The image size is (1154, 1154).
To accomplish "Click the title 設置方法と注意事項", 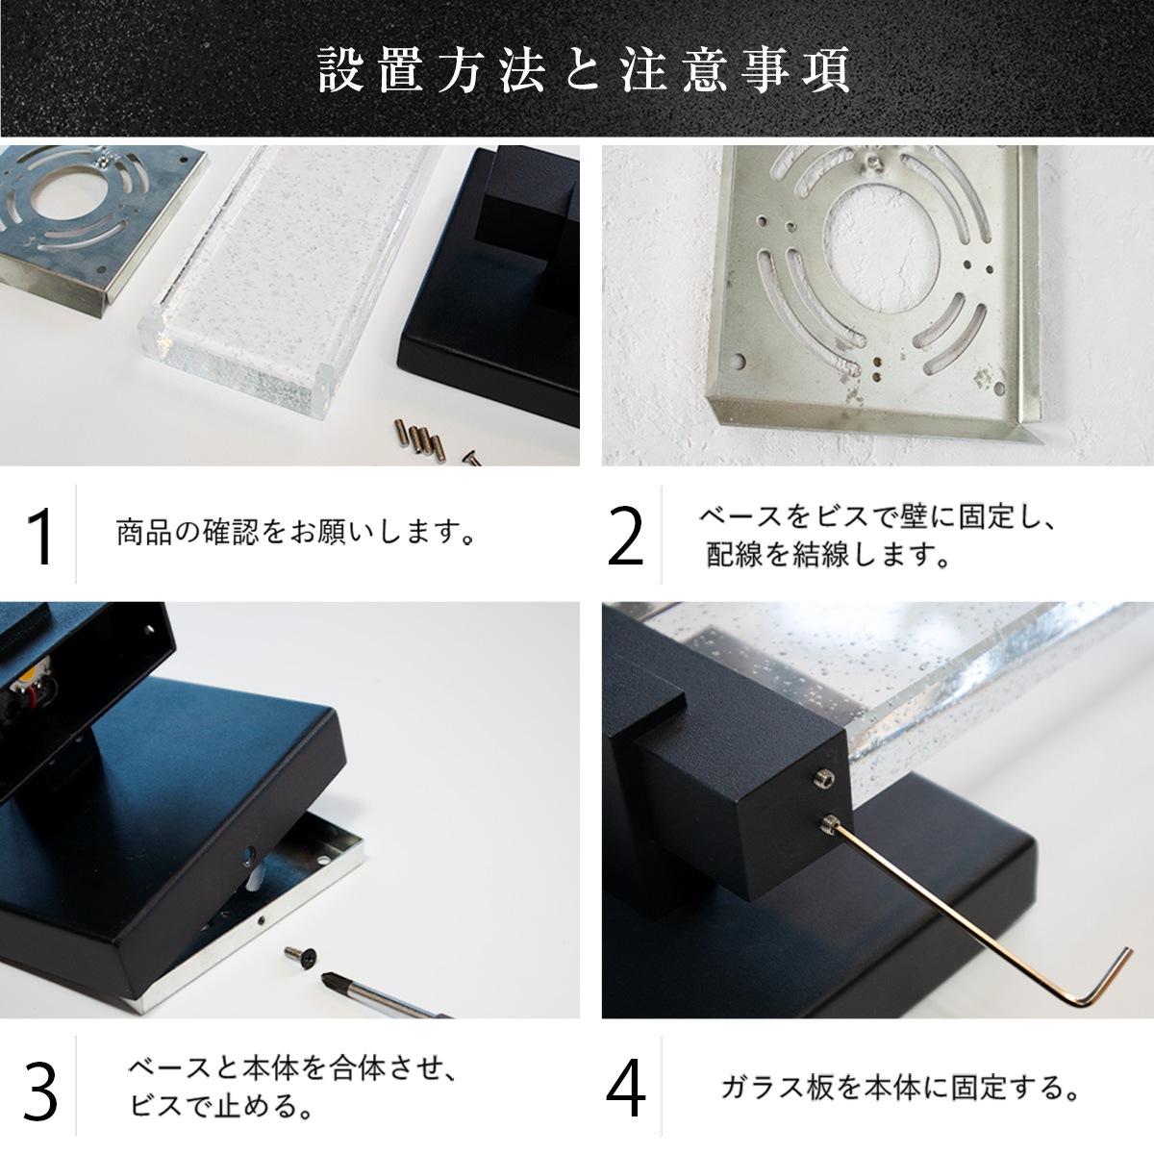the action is (584, 70).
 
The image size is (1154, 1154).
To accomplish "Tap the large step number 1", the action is (40, 535).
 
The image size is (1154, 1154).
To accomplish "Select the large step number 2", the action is (625, 535).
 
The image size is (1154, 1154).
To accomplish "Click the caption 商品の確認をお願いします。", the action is (295, 532).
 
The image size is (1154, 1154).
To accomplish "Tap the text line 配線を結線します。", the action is (828, 555).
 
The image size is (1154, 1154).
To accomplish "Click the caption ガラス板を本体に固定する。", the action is (899, 1088).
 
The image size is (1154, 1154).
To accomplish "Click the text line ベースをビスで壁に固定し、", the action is (876, 517).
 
